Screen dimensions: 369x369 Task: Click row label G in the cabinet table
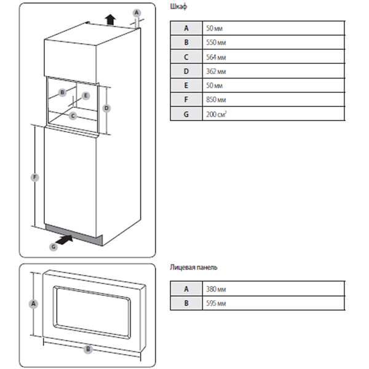tap(185, 114)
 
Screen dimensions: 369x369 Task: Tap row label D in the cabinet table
tap(185, 71)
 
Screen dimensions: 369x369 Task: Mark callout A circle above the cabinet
tap(137, 12)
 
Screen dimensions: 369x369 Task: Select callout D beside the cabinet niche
tap(106, 108)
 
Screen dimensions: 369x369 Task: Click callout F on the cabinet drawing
tap(35, 178)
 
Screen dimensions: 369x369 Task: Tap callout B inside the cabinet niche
tap(62, 92)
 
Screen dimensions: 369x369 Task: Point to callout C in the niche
tap(73, 115)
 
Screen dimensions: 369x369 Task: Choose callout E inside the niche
tap(85, 95)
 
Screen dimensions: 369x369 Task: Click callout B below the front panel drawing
tap(88, 349)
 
